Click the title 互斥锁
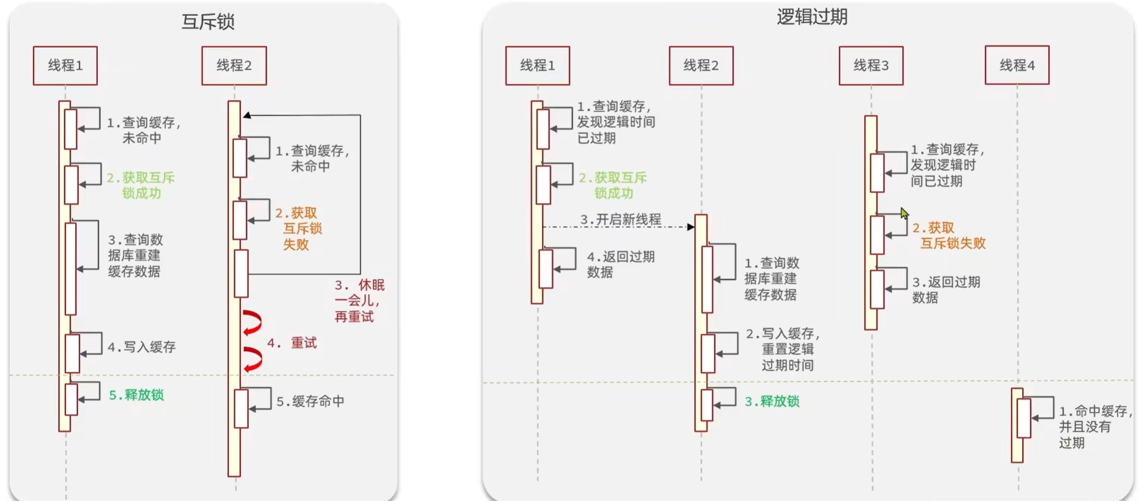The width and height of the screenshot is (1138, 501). pos(207,21)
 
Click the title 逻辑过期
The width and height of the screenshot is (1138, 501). pos(812,17)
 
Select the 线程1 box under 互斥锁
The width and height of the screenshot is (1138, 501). pos(65,66)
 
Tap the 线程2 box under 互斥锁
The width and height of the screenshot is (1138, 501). pos(234,66)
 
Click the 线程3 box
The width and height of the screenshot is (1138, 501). pos(871,66)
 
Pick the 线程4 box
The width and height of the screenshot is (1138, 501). pos(1017,65)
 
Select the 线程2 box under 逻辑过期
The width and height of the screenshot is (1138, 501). pos(701,66)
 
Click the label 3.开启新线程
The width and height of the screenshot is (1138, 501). pos(621,219)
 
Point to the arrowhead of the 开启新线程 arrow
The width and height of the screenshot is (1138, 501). pos(690,227)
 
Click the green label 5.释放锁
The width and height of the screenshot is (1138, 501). pos(136,395)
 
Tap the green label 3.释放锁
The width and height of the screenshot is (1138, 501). pos(772,401)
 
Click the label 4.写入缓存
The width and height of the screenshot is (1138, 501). pos(142,347)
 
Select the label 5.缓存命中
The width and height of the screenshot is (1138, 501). pos(311,401)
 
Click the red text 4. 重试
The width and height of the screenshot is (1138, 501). pos(292,343)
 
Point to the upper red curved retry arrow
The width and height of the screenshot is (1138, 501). pos(252,323)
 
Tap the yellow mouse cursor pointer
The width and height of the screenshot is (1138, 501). pos(904,213)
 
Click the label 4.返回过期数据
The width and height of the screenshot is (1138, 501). pos(621,264)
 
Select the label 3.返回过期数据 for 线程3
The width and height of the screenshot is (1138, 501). pos(946,289)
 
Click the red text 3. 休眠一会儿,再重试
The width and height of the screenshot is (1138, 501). pos(359,301)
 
